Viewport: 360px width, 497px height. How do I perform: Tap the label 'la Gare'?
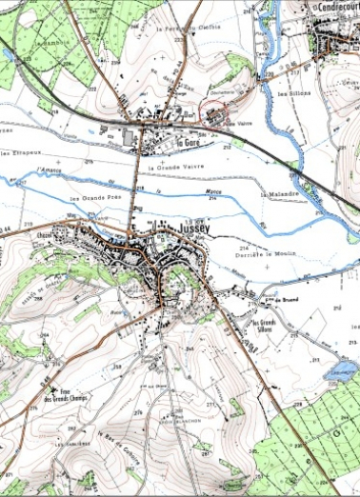(x=193, y=145)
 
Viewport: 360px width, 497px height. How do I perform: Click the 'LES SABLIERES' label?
(x=70, y=445)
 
